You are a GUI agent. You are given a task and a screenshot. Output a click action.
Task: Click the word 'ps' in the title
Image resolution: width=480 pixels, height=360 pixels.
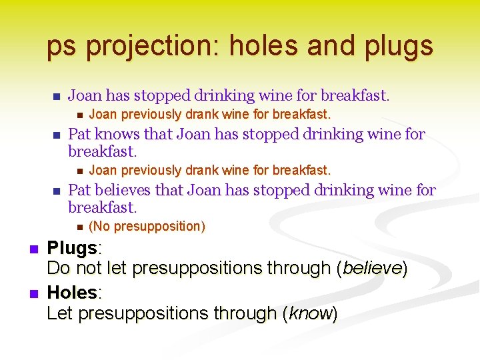tap(62, 46)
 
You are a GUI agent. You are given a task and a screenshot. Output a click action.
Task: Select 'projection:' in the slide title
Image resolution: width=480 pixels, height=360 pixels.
tap(154, 46)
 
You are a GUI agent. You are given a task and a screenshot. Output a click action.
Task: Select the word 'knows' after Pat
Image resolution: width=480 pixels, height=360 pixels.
tap(117, 134)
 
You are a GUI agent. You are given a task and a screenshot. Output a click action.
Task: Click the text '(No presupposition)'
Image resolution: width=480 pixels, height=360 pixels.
tap(147, 227)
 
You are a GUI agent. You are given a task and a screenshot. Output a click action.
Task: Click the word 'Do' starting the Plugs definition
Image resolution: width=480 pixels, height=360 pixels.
tap(57, 269)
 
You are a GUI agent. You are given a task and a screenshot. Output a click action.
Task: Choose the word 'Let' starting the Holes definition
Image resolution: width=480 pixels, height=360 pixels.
tap(60, 313)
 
